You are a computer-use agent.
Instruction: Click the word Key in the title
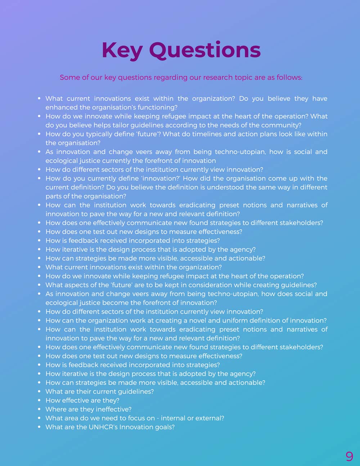122,50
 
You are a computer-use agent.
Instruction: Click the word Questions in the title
205,50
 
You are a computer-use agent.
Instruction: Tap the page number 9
349,456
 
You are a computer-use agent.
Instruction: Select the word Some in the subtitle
69,77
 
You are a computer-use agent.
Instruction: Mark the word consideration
209,285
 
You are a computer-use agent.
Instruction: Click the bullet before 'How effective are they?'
39,400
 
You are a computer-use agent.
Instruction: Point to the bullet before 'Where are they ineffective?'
39,409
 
